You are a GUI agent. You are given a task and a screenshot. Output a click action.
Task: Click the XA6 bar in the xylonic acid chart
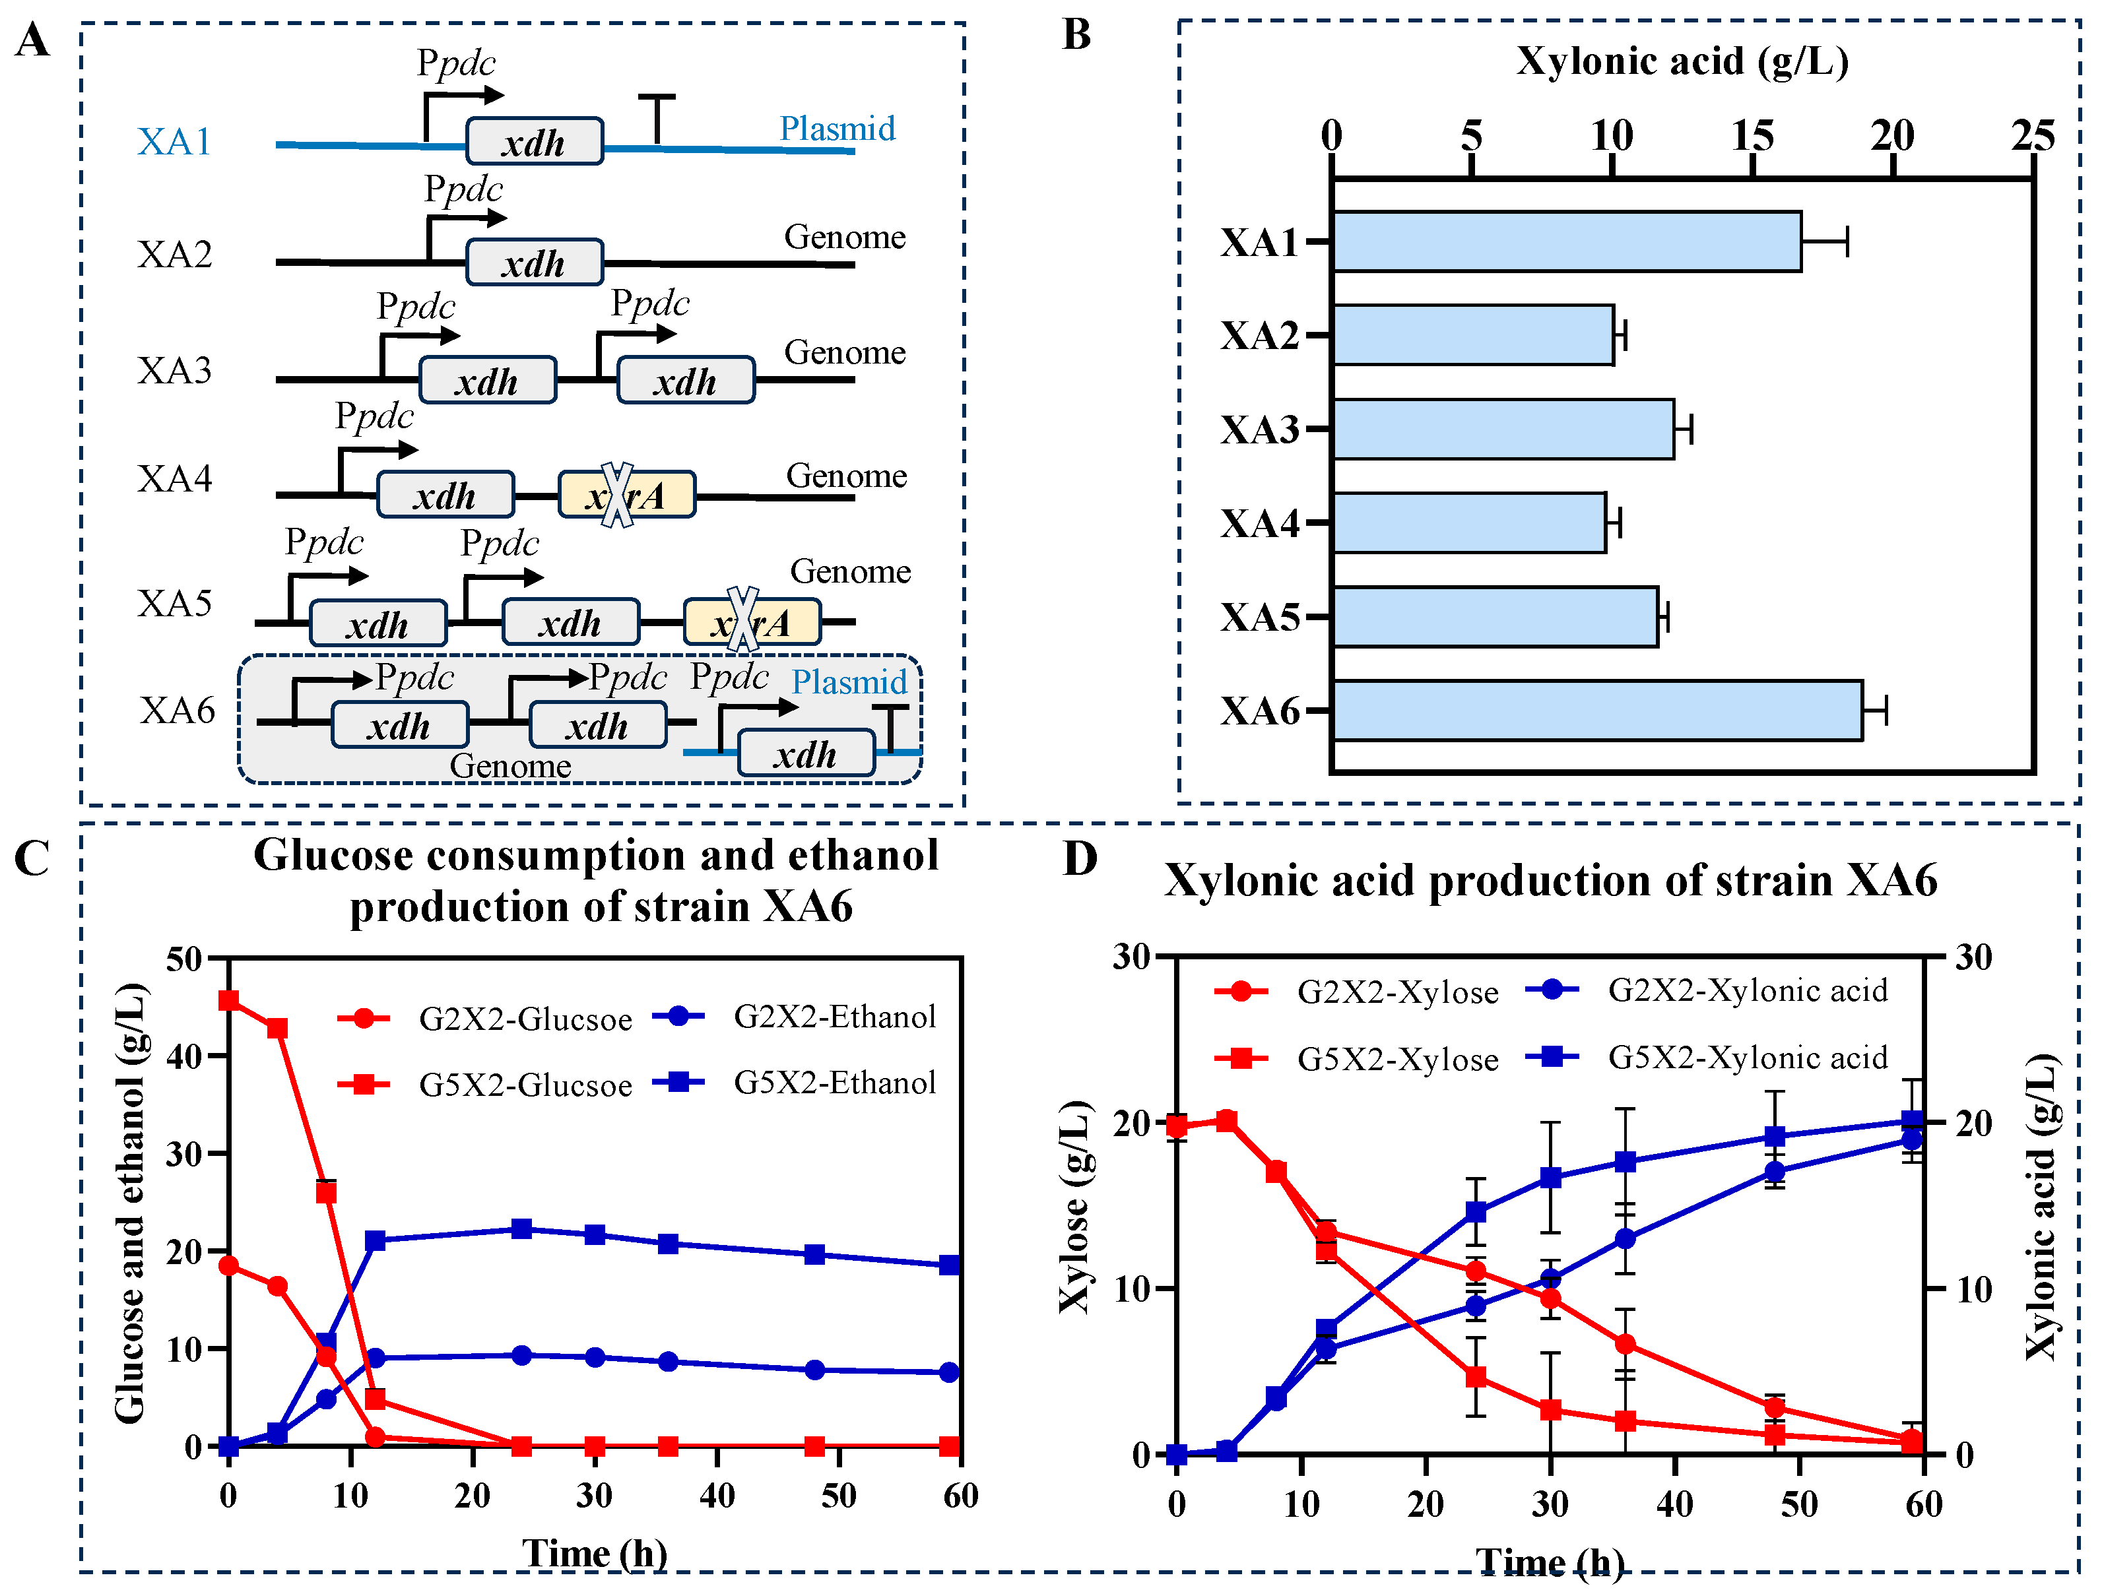[1596, 711]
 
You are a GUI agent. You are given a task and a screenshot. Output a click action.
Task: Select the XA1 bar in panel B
[1566, 241]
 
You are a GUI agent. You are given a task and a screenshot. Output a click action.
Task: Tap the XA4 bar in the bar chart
[1469, 523]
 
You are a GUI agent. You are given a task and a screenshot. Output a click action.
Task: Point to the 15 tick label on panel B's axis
[1752, 137]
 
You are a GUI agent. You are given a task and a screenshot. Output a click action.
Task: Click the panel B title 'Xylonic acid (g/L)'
[1682, 61]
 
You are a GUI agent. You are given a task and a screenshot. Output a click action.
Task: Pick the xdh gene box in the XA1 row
[534, 142]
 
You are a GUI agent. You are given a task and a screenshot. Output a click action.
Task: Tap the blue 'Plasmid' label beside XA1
[838, 128]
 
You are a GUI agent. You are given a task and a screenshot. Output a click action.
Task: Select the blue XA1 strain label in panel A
[174, 142]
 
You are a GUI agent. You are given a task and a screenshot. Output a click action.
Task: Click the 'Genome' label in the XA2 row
[845, 237]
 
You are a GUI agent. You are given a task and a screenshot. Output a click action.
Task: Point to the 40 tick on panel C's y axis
[184, 1056]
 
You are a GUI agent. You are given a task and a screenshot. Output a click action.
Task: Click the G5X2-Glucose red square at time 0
[228, 1000]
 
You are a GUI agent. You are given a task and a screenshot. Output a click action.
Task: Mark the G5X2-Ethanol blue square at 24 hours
[521, 1229]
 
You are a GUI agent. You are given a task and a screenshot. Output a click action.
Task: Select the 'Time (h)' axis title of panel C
[595, 1553]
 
